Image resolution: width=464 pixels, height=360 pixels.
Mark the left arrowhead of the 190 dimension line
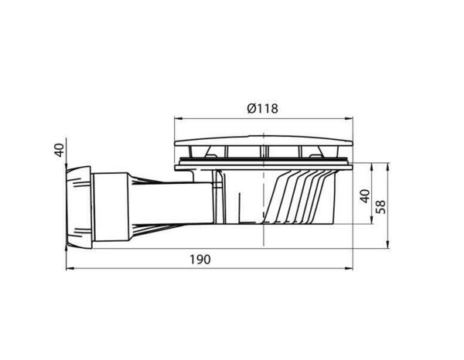click(x=67, y=269)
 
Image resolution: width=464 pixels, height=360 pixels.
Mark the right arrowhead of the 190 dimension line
click(x=352, y=269)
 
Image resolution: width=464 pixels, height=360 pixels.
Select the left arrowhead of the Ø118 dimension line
click(x=175, y=119)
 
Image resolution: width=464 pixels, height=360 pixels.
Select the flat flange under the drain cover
click(x=264, y=162)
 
